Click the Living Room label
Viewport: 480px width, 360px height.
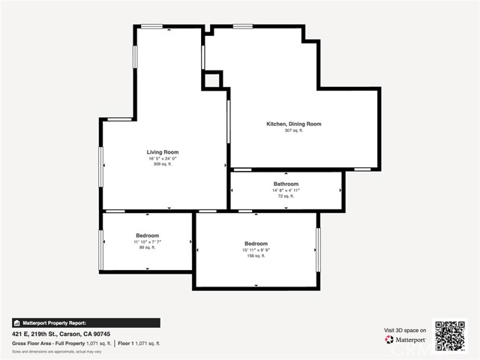(162, 152)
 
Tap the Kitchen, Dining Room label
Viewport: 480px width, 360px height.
(294, 124)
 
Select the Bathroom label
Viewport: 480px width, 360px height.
(286, 184)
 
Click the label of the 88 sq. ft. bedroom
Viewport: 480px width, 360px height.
(148, 235)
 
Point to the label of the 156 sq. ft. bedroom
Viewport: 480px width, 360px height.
(256, 244)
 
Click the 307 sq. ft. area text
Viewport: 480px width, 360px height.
(293, 130)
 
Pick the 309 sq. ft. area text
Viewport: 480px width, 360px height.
(162, 164)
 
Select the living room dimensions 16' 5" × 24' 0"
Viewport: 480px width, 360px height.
(162, 158)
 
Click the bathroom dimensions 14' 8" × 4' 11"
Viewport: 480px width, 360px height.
(286, 190)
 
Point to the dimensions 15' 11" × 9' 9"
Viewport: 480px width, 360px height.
(256, 250)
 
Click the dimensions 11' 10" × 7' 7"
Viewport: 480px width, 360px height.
(148, 241)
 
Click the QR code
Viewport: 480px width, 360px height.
(450, 335)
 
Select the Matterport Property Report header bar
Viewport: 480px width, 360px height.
(85, 322)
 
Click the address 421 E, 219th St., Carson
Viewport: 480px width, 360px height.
(61, 334)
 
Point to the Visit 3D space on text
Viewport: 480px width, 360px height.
(405, 330)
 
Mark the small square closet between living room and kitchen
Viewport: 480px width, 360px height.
(212, 79)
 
